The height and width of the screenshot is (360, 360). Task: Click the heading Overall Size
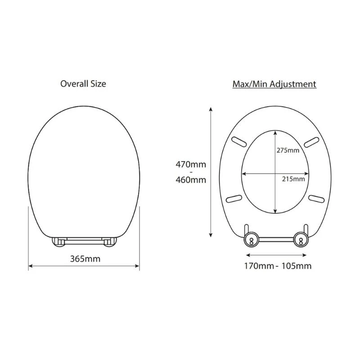pos(83,84)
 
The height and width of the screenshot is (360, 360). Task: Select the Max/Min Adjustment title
pos(274,84)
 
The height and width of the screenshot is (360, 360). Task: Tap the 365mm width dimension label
pos(85,259)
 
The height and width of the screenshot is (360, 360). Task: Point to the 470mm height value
pos(191,164)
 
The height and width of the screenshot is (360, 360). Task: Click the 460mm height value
pos(191,180)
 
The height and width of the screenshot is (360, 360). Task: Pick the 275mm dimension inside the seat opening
pos(288,150)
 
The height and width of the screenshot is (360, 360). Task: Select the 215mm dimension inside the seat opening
pos(293,179)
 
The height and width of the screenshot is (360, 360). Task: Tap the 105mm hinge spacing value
pos(296,265)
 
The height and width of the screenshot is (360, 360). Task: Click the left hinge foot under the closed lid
pos(58,242)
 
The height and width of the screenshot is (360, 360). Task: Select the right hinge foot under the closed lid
pos(109,242)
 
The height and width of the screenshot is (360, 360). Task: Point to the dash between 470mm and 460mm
pos(191,172)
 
